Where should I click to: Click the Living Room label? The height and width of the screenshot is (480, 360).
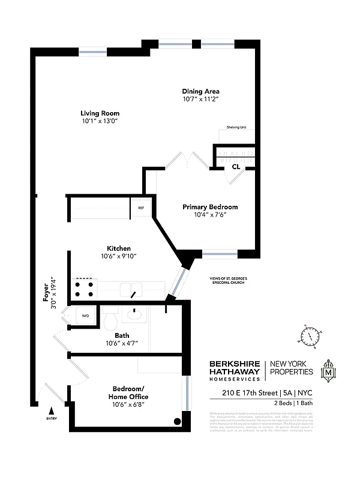pyautogui.click(x=100, y=113)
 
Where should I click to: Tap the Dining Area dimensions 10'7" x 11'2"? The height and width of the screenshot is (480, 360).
pyautogui.click(x=205, y=99)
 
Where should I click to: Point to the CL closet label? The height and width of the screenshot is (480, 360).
pyautogui.click(x=236, y=167)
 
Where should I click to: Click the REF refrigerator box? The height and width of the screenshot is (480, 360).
pyautogui.click(x=141, y=208)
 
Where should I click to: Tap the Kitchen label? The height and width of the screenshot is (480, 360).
pyautogui.click(x=119, y=248)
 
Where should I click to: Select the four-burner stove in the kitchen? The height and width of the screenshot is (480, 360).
pyautogui.click(x=83, y=290)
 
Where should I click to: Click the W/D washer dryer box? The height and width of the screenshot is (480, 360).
pyautogui.click(x=85, y=315)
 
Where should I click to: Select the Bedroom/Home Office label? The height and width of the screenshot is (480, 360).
pyautogui.click(x=128, y=393)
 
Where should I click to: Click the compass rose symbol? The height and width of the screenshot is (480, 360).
pyautogui.click(x=311, y=337)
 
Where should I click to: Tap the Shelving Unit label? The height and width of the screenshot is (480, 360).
pyautogui.click(x=236, y=128)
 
